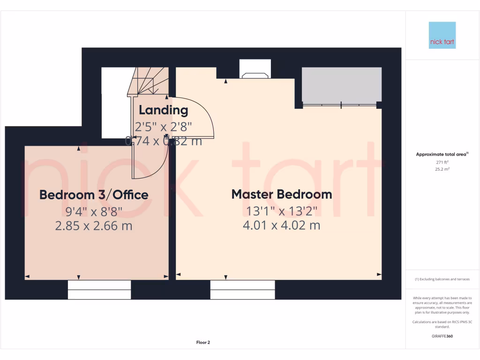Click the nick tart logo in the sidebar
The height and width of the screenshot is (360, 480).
point(442,35)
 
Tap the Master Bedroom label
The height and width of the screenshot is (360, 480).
point(282,194)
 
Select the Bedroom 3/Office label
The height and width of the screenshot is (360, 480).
point(94,195)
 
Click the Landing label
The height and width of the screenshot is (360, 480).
point(163,111)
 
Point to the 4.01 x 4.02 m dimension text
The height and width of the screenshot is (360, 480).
point(281,225)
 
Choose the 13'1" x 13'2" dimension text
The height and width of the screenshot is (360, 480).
point(281,210)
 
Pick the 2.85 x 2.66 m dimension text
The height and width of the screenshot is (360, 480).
point(94,226)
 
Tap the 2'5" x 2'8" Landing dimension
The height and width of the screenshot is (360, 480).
point(164,127)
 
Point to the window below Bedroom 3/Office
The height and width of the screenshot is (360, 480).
point(99,290)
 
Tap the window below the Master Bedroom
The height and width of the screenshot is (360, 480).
point(242,290)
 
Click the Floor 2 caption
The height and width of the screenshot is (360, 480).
point(203,343)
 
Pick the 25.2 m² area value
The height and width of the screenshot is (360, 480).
point(442,169)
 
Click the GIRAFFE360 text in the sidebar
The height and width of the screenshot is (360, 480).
point(442,336)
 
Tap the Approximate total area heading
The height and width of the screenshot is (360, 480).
point(442,154)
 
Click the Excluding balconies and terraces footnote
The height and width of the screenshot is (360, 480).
point(442,279)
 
